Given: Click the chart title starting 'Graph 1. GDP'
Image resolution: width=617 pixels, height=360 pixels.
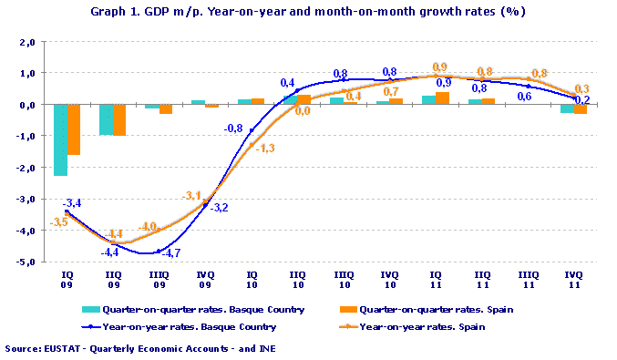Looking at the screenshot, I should (x=308, y=13).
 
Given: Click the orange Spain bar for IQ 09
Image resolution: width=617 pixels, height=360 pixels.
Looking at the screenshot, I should (x=74, y=129).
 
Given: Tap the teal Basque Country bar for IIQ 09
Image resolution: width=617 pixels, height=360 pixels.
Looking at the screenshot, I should (x=106, y=119).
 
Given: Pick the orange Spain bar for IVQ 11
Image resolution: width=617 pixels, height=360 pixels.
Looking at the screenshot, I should (x=580, y=108).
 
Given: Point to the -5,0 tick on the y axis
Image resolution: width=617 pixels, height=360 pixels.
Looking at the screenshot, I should (x=24, y=262).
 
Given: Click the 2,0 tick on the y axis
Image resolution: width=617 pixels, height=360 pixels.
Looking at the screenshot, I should (x=26, y=42).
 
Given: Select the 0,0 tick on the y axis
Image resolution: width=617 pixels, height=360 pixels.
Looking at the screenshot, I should (x=26, y=105).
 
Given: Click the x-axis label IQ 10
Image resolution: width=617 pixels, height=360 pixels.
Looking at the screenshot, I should (x=252, y=278).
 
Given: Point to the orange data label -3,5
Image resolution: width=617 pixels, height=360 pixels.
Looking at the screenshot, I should (x=57, y=222).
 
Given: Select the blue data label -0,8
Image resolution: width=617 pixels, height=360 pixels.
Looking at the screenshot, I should (x=233, y=129).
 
